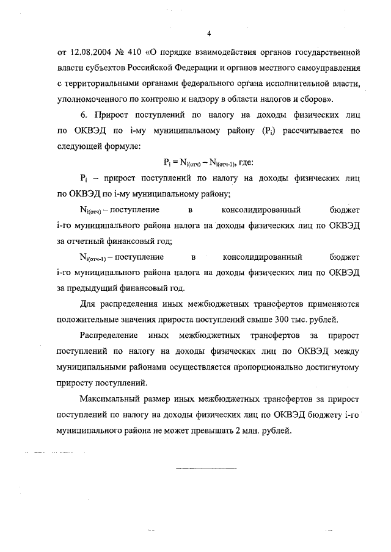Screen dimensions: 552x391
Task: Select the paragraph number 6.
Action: (83, 115)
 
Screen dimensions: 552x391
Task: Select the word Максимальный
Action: (113, 400)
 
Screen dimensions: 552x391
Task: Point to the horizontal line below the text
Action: (206, 468)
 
